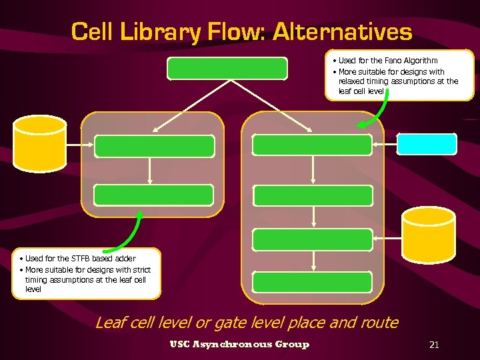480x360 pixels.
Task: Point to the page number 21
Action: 434,345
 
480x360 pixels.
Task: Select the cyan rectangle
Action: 427,144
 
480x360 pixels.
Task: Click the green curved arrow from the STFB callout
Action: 134,233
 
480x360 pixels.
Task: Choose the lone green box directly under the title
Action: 227,68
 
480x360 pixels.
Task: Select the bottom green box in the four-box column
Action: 313,283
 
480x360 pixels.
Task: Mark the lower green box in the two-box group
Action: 154,195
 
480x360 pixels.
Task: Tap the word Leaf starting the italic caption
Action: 110,323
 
